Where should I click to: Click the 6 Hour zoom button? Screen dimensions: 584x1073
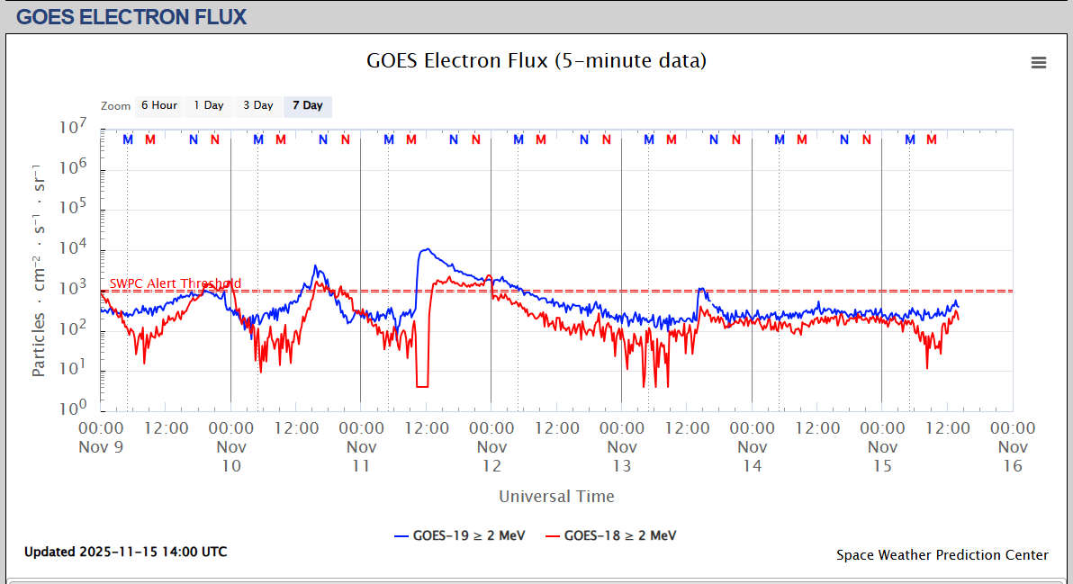point(159,106)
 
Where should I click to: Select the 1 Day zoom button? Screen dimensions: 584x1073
point(209,106)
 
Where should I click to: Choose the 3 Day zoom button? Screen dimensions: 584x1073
point(258,106)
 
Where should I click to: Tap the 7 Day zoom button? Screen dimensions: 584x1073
point(308,106)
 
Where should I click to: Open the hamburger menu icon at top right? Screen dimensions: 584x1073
point(1039,62)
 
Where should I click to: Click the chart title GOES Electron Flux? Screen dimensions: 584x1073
point(536,61)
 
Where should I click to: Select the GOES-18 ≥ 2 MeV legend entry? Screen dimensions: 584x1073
point(613,535)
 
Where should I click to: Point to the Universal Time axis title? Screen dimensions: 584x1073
point(556,496)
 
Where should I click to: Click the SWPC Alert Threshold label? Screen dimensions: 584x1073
point(176,283)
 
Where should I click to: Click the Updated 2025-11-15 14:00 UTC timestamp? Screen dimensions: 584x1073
point(126,552)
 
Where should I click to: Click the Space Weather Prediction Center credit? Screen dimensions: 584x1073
point(942,555)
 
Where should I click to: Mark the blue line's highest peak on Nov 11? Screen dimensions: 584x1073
point(425,249)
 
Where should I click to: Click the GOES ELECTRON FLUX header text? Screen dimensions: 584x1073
point(131,17)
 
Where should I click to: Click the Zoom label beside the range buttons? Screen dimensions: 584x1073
point(115,106)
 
